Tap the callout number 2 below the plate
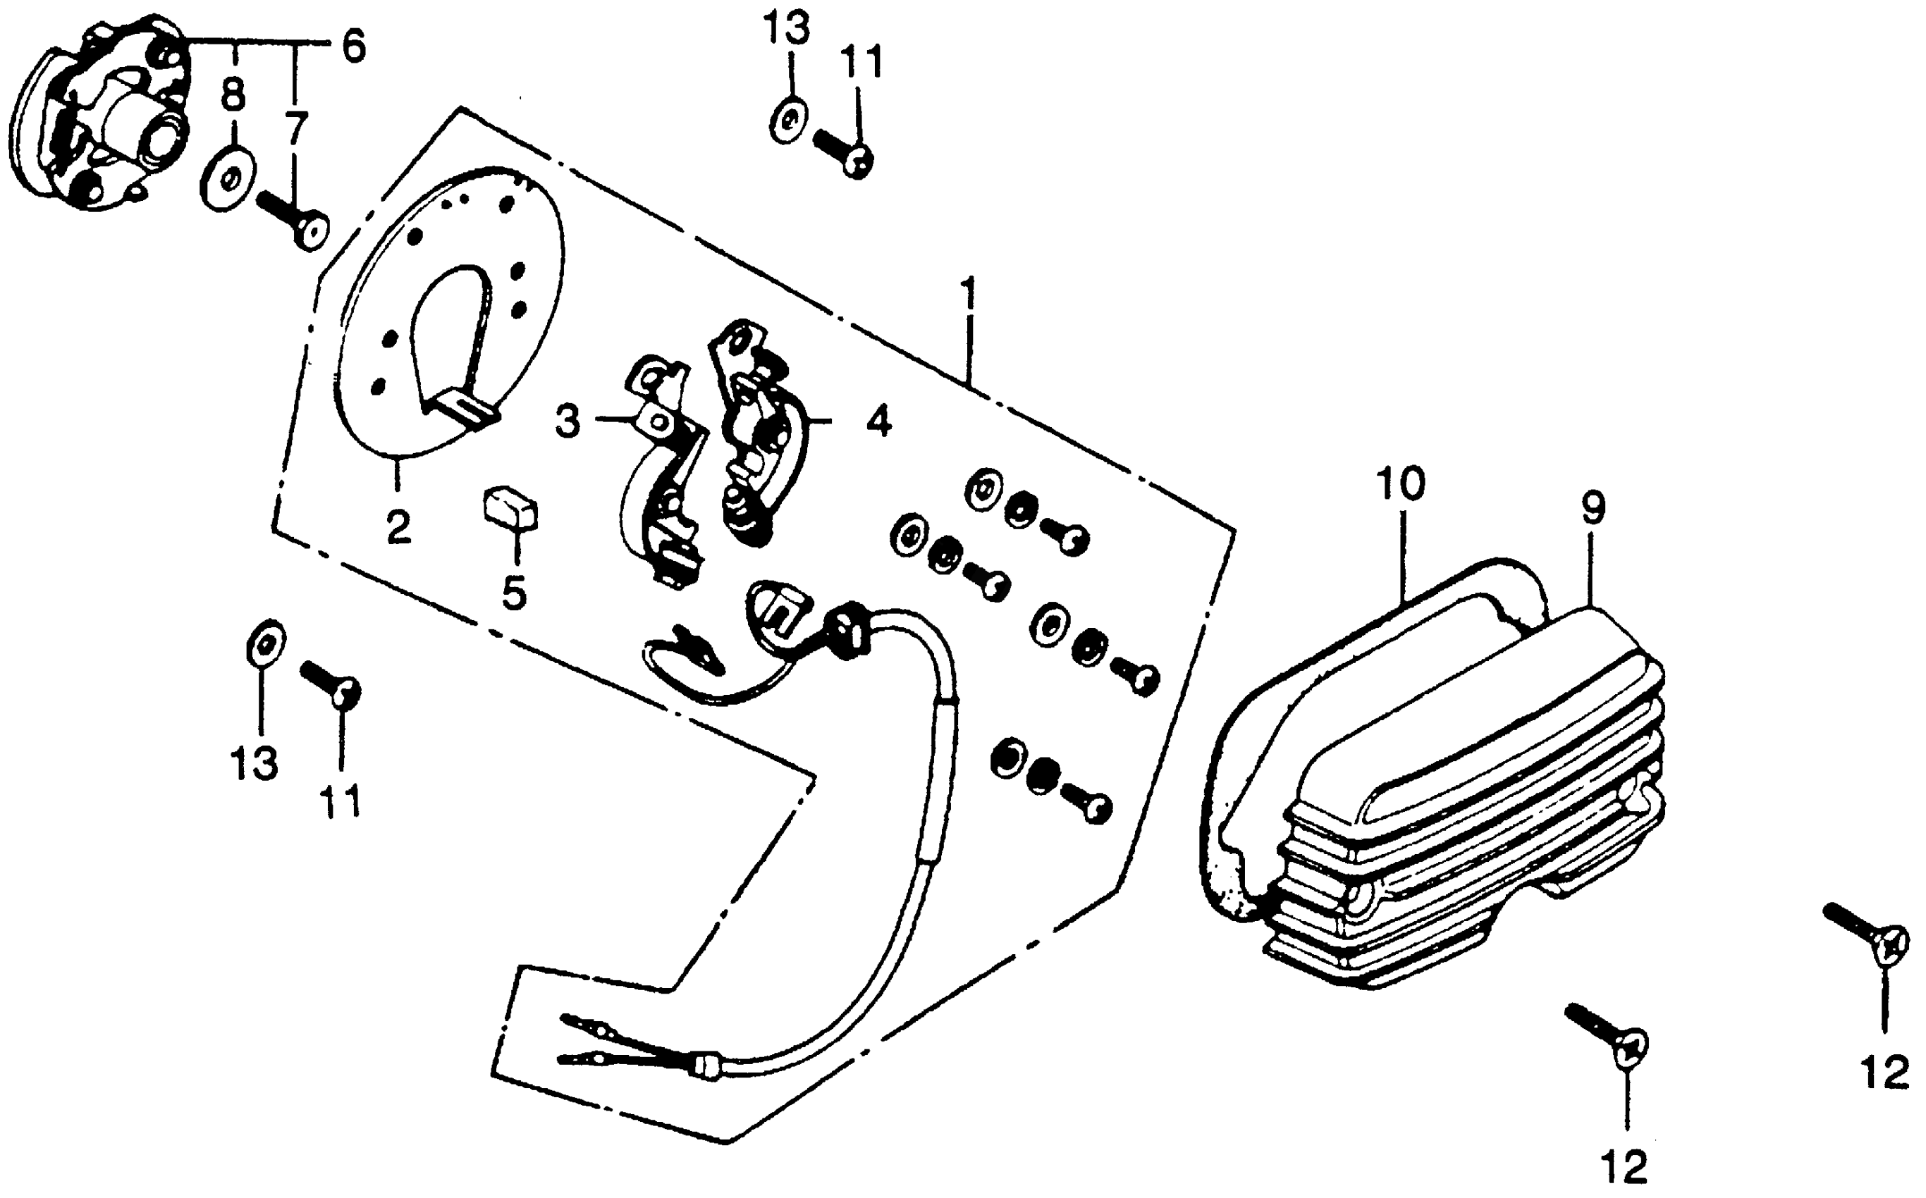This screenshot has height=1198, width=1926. click(399, 526)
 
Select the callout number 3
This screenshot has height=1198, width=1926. click(568, 422)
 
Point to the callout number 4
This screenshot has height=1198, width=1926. click(878, 421)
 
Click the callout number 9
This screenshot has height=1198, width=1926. click(1593, 510)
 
